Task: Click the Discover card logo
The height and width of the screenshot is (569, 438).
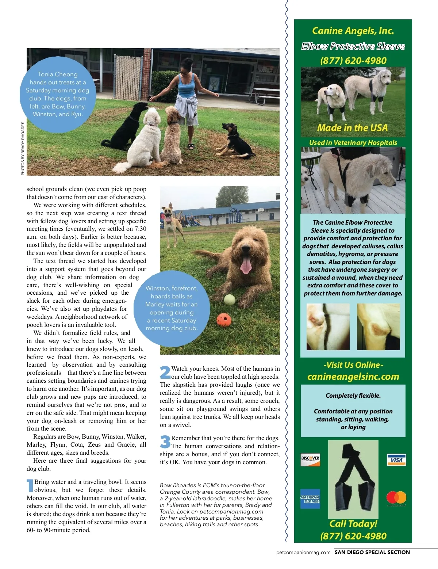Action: click(x=310, y=459)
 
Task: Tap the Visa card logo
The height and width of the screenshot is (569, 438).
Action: click(x=396, y=460)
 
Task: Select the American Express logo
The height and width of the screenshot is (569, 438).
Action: click(x=310, y=499)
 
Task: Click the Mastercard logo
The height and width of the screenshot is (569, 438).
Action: click(x=396, y=499)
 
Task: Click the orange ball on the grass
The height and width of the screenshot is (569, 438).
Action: click(x=224, y=320)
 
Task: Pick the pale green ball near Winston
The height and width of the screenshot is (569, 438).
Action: click(x=229, y=299)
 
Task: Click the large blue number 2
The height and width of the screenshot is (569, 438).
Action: click(x=165, y=373)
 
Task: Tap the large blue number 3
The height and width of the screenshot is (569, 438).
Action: click(x=165, y=442)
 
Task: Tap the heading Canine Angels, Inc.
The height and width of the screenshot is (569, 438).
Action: click(x=353, y=31)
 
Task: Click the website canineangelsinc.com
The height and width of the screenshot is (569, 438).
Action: click(x=353, y=377)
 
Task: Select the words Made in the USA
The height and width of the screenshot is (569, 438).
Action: click(x=352, y=128)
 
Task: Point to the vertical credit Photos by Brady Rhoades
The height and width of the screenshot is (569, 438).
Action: click(x=23, y=148)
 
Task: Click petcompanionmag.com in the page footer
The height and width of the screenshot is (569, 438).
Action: click(x=303, y=552)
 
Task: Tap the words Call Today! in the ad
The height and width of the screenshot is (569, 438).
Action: click(x=353, y=524)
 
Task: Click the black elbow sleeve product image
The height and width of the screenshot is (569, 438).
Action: click(x=353, y=478)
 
